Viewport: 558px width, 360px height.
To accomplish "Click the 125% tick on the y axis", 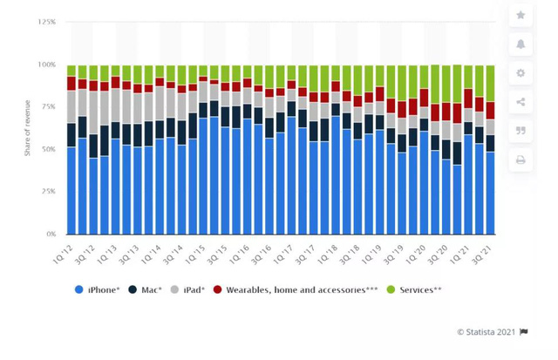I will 48,22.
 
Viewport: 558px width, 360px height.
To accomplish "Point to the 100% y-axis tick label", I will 48,65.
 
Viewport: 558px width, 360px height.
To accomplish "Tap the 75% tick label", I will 50,107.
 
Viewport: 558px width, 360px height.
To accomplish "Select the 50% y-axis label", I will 50,150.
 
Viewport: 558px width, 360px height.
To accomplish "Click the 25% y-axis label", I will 50,192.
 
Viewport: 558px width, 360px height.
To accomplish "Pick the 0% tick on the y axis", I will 51,234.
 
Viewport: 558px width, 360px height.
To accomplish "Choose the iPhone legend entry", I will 99,289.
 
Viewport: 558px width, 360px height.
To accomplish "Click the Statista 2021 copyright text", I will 487,331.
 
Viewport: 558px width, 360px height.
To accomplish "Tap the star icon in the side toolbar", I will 521,15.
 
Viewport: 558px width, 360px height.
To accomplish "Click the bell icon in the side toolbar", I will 521,44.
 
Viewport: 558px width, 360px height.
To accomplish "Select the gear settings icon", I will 521,72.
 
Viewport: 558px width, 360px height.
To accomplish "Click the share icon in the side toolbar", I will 521,102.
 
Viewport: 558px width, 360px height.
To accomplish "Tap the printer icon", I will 521,160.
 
